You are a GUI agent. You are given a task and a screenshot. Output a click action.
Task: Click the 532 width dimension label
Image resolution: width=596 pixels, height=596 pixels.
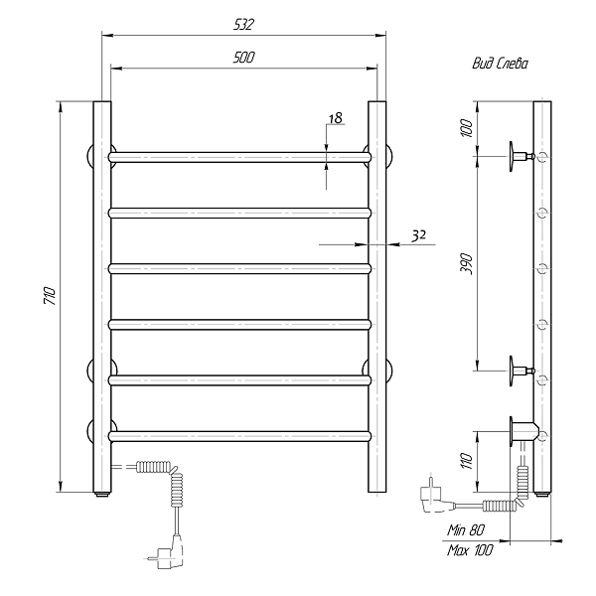click(x=243, y=25)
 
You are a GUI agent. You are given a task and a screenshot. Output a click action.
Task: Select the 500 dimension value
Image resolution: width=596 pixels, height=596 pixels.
click(x=243, y=58)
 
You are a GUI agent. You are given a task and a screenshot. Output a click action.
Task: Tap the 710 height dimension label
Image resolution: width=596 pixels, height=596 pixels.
click(x=51, y=296)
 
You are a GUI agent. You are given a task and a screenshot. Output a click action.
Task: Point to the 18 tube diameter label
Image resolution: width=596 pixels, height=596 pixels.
click(x=336, y=118)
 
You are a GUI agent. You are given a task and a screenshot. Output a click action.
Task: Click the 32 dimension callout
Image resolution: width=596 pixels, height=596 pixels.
click(x=418, y=236)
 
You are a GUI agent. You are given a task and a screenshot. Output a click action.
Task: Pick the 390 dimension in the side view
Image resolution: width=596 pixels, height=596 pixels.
click(x=466, y=264)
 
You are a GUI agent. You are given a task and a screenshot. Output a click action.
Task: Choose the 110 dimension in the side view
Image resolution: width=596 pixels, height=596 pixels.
click(x=466, y=461)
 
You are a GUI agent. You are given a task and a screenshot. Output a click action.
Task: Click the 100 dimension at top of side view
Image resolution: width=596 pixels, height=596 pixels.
click(x=466, y=128)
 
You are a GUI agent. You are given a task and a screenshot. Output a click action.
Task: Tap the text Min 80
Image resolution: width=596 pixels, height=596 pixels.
click(x=466, y=529)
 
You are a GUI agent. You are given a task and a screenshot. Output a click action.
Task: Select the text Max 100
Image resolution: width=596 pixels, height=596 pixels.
click(x=470, y=549)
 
